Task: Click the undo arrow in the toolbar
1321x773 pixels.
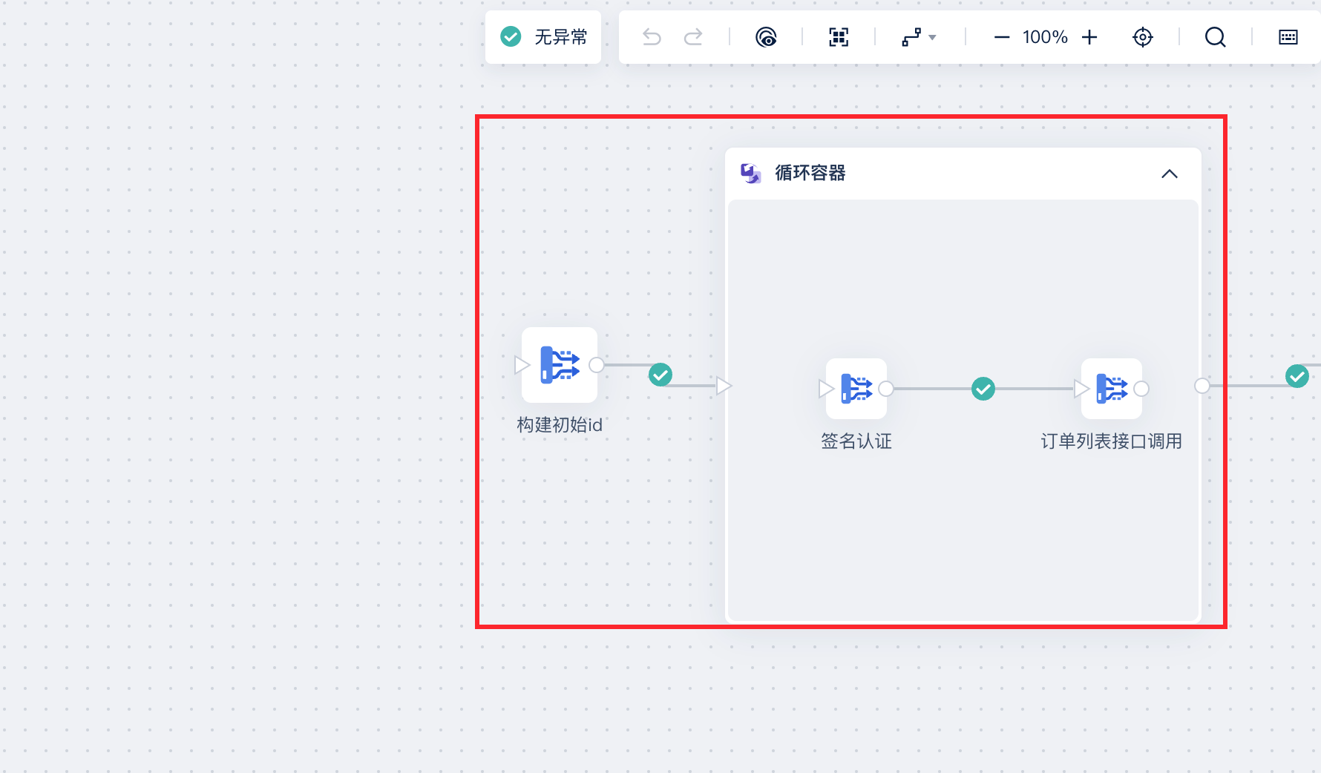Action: coord(652,37)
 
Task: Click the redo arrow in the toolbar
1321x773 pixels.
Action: coord(693,37)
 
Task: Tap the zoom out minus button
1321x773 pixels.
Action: coord(1001,37)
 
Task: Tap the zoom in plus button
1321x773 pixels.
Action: coord(1089,37)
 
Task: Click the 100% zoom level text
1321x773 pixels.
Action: coord(1045,37)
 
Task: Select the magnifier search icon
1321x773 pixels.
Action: coord(1215,37)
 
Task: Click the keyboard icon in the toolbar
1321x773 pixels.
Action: coord(1288,37)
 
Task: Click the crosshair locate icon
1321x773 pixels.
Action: coord(1143,37)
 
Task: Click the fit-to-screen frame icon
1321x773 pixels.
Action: coord(839,37)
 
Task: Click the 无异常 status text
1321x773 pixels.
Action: coord(560,37)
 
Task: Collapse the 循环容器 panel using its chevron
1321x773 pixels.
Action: coord(1170,174)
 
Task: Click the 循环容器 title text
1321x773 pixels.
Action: coord(810,173)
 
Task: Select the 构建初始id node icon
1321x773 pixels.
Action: coord(560,365)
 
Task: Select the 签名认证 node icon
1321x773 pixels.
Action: coord(856,389)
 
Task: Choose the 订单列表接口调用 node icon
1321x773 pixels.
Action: coord(1112,389)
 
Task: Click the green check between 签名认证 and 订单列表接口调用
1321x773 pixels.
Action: coord(983,389)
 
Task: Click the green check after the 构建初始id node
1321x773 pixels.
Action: coord(660,375)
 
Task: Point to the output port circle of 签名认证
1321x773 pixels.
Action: coord(886,389)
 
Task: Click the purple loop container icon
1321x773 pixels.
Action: coord(751,174)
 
